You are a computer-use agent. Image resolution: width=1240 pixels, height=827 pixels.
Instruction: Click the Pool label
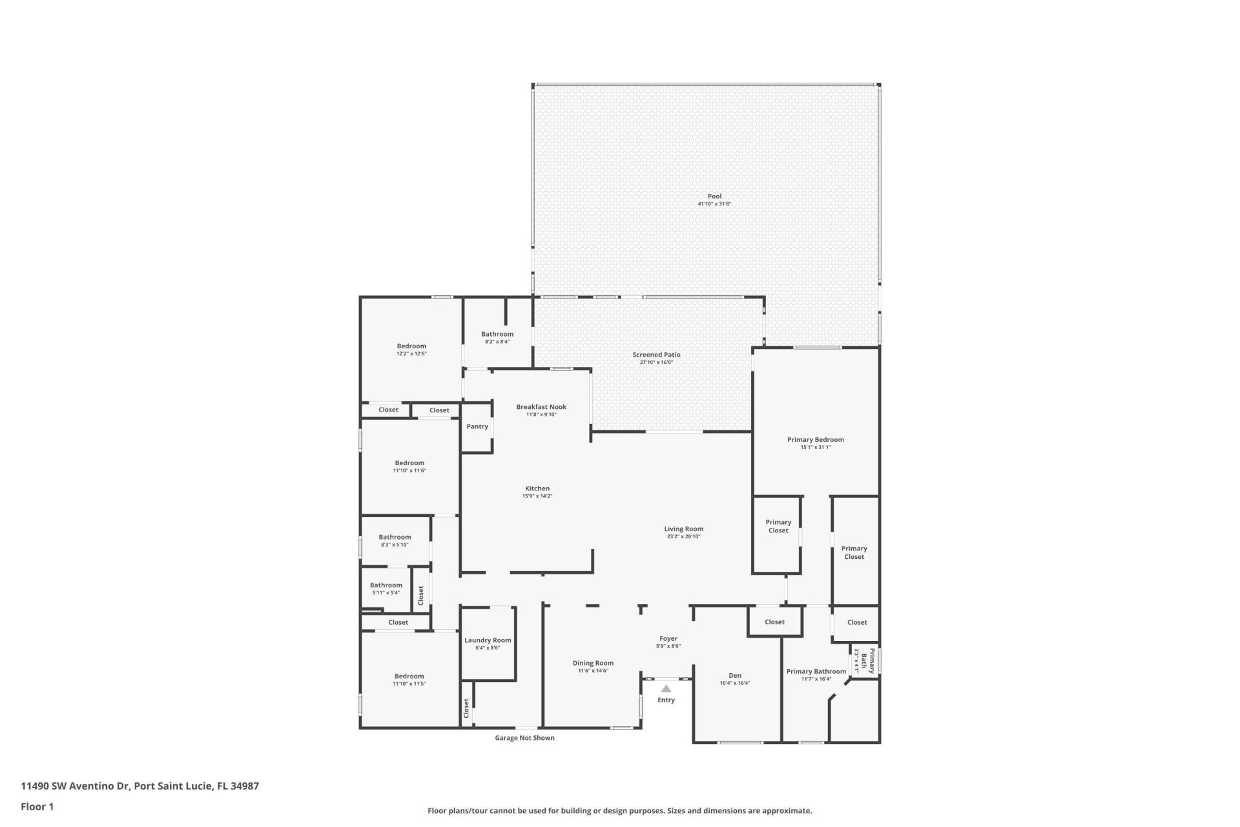(x=714, y=196)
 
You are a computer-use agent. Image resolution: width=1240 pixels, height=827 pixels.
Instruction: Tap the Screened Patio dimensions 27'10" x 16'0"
(x=656, y=362)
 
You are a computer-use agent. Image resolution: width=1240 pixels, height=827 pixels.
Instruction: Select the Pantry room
(x=477, y=426)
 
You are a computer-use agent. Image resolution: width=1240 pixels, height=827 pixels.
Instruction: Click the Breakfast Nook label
(x=541, y=407)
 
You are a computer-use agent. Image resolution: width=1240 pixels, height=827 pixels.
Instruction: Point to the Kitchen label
(x=537, y=488)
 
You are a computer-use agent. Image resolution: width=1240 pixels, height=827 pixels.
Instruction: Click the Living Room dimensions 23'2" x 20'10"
(x=683, y=537)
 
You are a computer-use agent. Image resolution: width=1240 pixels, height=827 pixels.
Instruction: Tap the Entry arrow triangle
(x=666, y=689)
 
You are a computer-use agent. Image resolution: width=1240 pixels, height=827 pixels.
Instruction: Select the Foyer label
(x=668, y=638)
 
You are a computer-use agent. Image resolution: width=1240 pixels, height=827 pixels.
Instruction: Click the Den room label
(x=734, y=675)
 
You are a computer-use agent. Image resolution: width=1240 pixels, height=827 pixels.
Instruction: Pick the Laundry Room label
(x=488, y=640)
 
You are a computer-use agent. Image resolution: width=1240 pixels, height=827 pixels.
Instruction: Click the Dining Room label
(x=593, y=663)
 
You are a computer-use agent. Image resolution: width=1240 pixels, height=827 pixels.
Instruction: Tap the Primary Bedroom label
(x=815, y=439)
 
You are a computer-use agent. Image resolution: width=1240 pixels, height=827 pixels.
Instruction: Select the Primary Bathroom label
(x=816, y=671)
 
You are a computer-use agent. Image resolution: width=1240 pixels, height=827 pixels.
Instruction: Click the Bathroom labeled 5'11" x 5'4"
(x=386, y=585)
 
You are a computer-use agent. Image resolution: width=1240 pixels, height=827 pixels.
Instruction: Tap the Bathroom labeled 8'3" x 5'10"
(x=395, y=537)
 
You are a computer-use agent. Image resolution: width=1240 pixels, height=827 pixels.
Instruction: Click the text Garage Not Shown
(x=524, y=738)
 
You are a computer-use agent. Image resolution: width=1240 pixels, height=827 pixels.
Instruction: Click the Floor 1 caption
(x=37, y=806)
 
